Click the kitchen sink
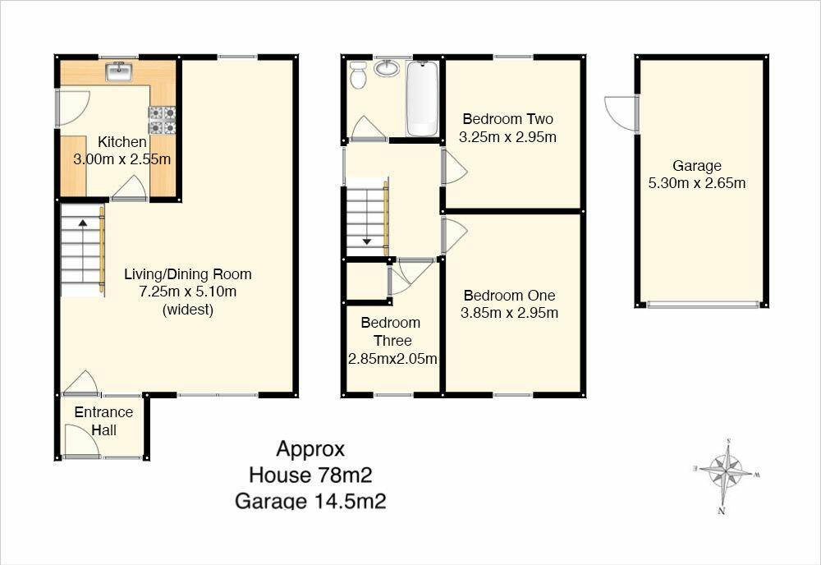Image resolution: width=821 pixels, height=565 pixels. coord(120,71)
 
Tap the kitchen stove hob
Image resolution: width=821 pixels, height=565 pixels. coord(163,120)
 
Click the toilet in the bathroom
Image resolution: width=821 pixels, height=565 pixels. coord(359,75)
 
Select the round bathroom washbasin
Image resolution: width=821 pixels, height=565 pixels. coord(387,68)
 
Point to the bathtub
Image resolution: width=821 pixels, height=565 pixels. coord(423,99)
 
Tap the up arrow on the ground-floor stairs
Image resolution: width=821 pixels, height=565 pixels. coord(83,223)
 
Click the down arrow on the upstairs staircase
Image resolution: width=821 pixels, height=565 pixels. coord(366,241)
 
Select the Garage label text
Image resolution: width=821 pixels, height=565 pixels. coord(697,166)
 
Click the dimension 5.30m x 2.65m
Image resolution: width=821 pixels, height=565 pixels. coord(697,183)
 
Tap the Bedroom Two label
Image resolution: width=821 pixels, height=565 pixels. coord(508,119)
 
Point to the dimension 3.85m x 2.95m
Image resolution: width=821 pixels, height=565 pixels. coord(510,313)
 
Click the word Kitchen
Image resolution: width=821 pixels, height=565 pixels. coord(122,142)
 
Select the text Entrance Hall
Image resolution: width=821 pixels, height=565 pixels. coord(103,421)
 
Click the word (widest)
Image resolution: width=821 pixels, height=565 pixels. coord(188,310)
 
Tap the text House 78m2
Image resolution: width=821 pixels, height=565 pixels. coord(310,475)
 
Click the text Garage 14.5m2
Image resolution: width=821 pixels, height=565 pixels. coord(310,501)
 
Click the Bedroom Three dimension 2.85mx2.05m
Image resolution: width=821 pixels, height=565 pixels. coord(392,359)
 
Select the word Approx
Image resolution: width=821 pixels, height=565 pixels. coord(310,449)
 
